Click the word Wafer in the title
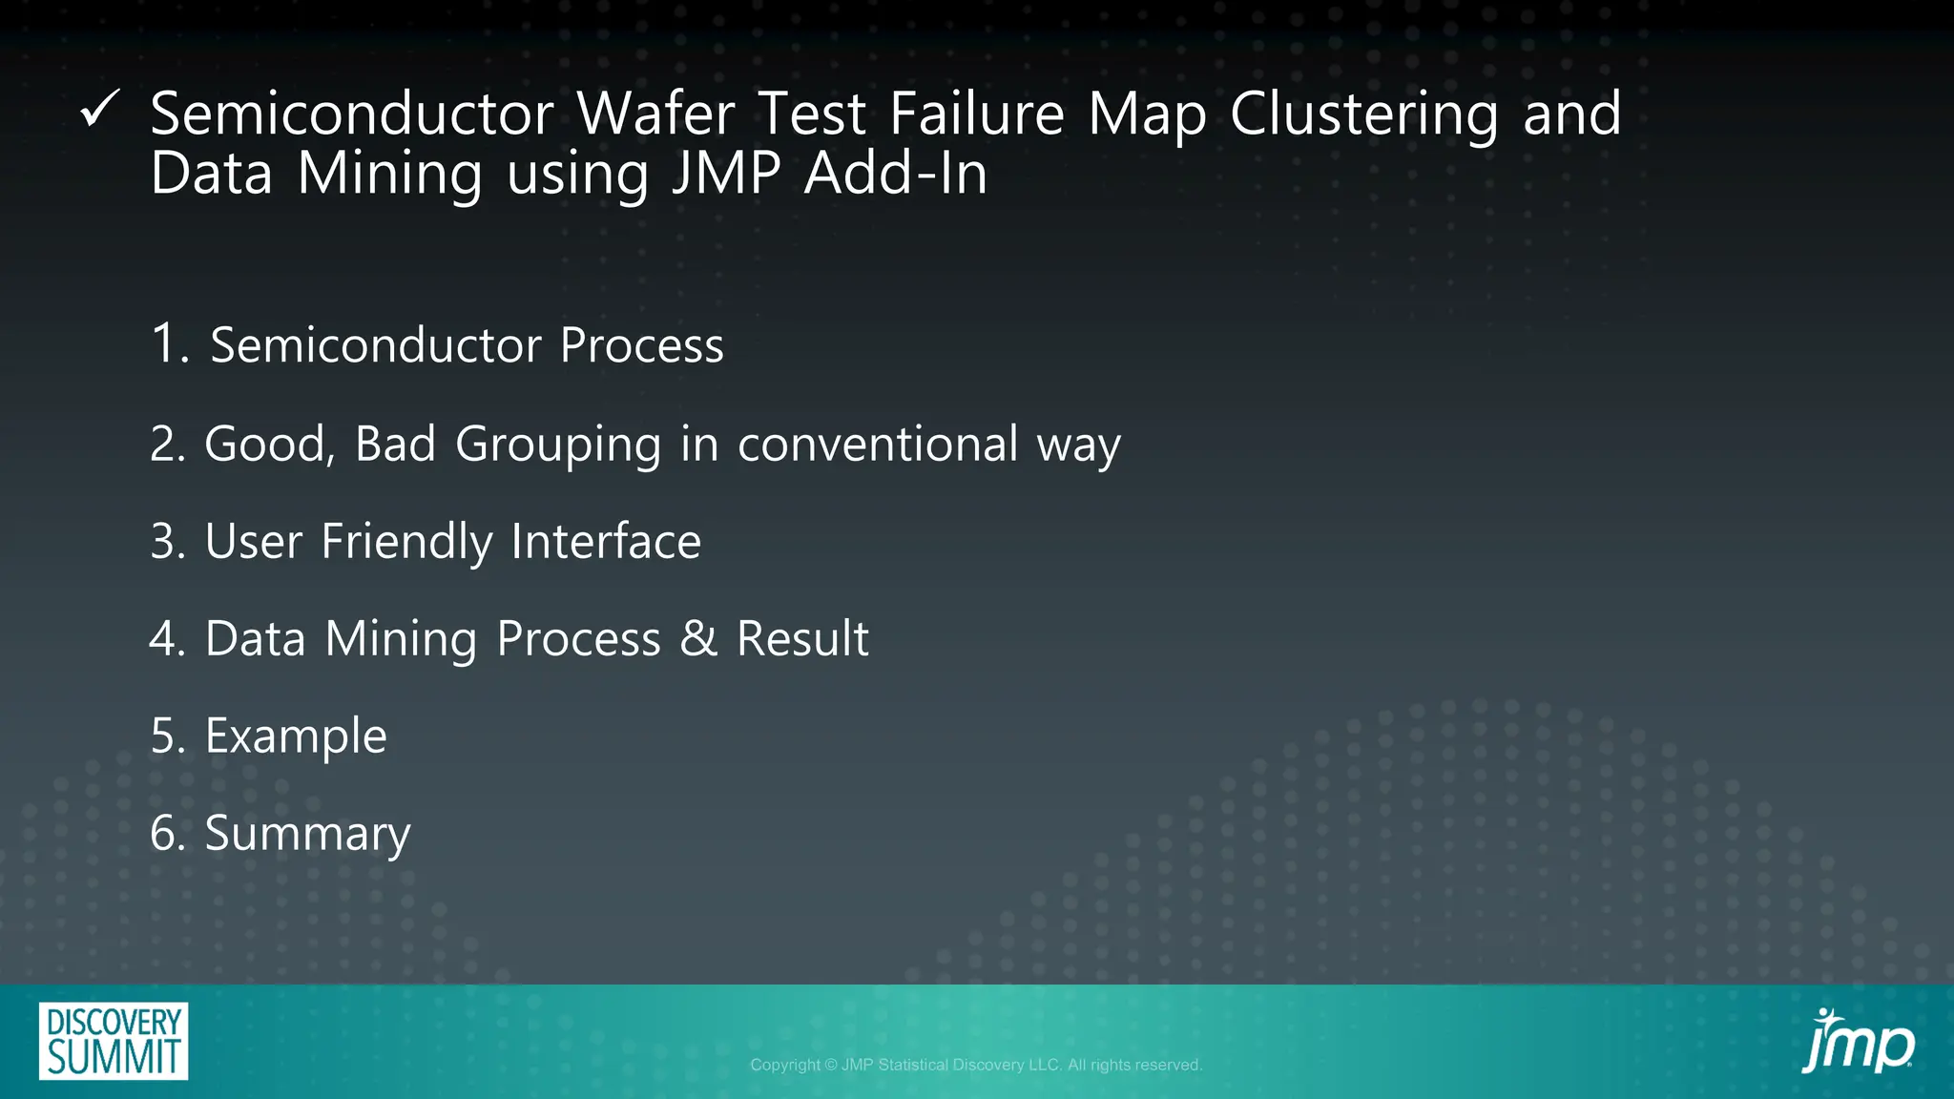click(655, 114)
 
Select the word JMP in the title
click(726, 175)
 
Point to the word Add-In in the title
click(895, 175)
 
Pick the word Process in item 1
click(641, 345)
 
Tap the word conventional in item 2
click(878, 445)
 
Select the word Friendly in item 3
click(405, 542)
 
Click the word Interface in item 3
click(606, 542)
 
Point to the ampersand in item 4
click(698, 638)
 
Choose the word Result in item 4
click(802, 638)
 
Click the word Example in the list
click(296, 736)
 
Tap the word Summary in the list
click(307, 834)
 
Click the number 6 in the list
click(166, 834)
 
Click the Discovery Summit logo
click(114, 1041)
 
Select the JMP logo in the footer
click(1857, 1042)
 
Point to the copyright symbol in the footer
click(830, 1065)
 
